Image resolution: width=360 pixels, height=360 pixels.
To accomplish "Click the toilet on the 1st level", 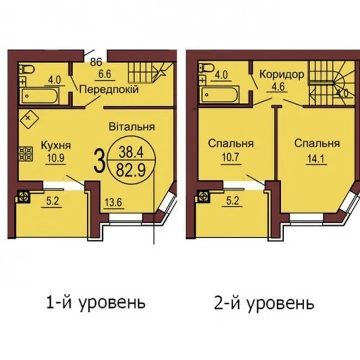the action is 27,69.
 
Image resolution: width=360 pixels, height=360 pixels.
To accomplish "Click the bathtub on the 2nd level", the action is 220,94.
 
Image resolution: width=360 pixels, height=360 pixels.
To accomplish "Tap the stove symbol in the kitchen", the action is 25,154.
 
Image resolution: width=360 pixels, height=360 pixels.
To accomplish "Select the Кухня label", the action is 56,145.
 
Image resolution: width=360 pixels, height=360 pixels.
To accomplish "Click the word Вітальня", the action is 132,127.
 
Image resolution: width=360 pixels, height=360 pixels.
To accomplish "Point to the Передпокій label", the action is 109,89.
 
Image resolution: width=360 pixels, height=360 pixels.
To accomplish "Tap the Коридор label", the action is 282,75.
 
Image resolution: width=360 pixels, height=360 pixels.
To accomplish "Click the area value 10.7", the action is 231,157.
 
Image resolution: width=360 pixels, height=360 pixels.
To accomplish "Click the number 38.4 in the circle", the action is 131,152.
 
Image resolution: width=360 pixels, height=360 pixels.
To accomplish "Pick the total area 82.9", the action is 131,170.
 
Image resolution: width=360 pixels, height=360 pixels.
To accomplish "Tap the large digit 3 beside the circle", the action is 100,161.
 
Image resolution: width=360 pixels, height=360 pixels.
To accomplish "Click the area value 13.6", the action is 114,202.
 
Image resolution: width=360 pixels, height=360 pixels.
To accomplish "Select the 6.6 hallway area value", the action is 105,74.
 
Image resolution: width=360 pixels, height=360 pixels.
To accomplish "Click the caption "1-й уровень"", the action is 96,303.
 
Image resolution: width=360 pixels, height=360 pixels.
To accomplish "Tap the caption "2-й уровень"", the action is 264,304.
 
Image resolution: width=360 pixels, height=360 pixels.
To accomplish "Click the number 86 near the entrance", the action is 96,62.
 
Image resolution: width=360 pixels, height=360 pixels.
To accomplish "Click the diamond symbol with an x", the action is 28,118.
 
